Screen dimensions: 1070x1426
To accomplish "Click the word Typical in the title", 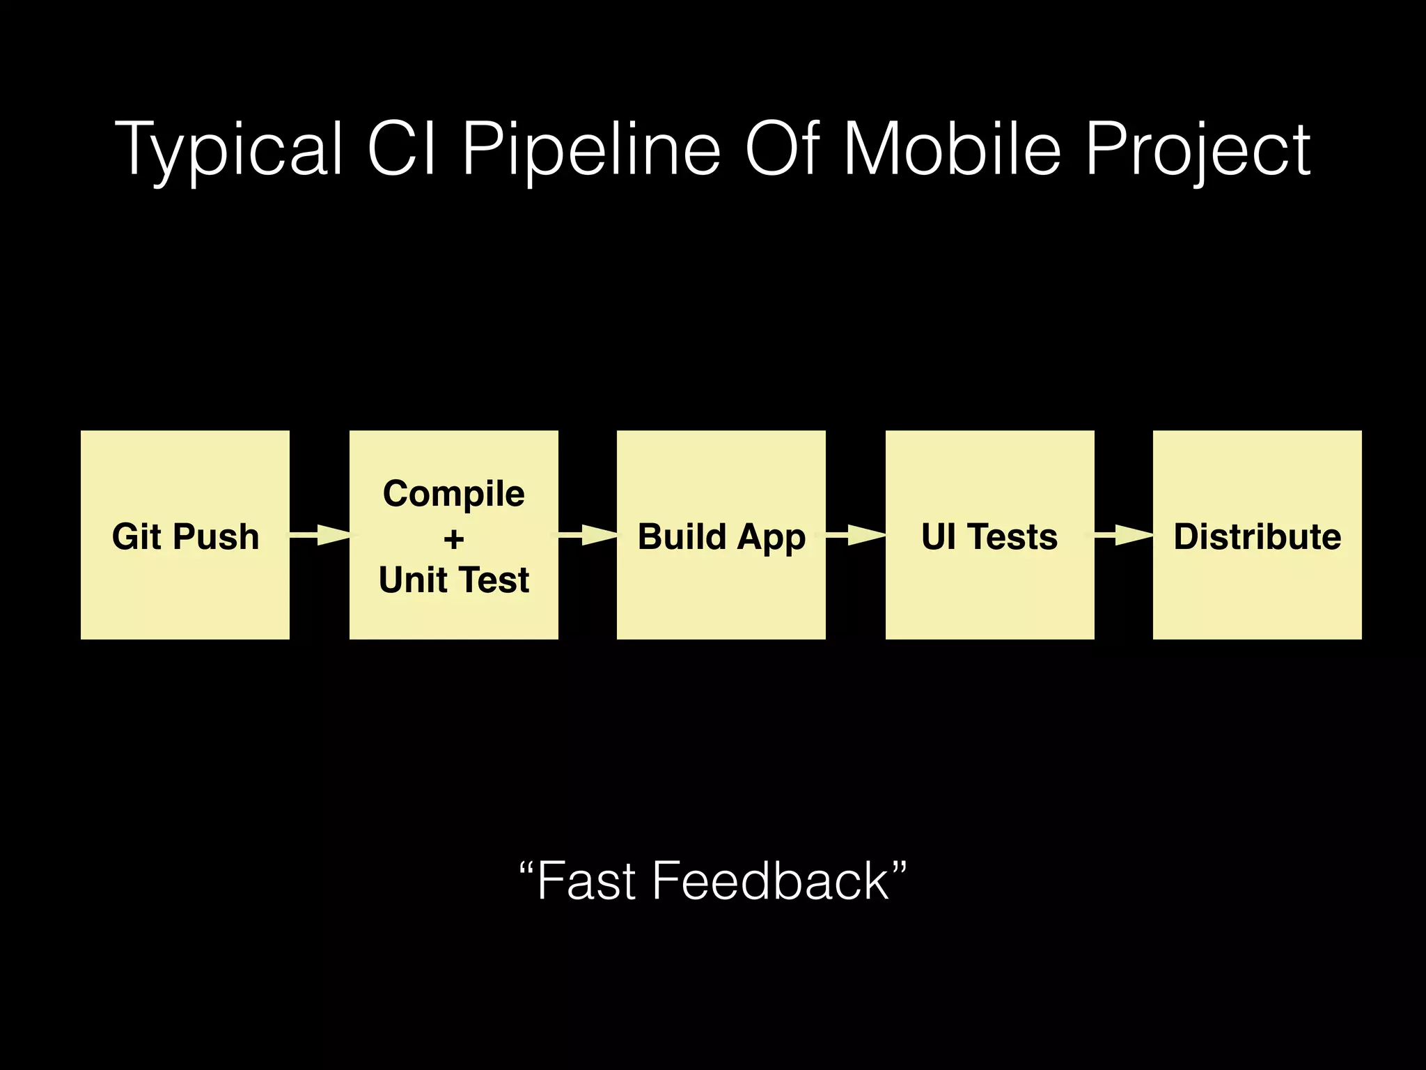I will tap(230, 150).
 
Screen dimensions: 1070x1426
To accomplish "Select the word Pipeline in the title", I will tap(590, 150).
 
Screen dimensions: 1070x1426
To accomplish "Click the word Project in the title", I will tap(1198, 150).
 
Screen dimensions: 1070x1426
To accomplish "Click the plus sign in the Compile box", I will tap(454, 538).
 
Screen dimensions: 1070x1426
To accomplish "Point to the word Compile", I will tap(454, 495).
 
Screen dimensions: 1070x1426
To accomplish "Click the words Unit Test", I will tap(454, 580).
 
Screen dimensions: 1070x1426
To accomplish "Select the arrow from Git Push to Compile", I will tap(320, 535).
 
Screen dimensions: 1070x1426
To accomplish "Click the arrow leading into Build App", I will tap(588, 535).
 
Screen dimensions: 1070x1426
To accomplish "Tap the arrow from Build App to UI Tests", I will tap(856, 535).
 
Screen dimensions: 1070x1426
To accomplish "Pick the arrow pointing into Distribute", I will tap(1125, 535).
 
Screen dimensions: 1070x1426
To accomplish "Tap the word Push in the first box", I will tap(216, 537).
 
